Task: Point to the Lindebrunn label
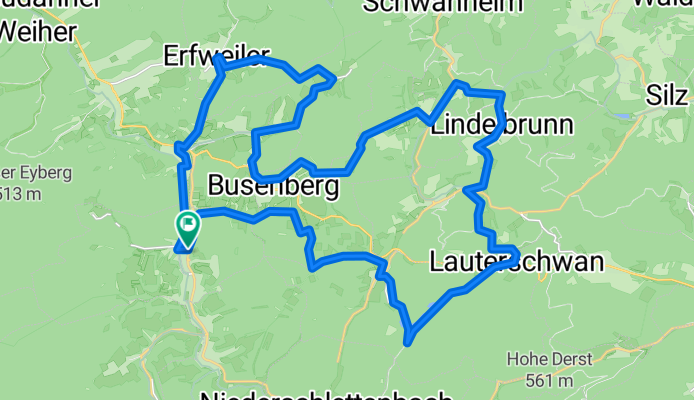click(501, 127)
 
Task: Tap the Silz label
click(667, 97)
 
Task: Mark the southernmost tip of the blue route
click(408, 342)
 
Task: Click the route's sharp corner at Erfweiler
click(217, 61)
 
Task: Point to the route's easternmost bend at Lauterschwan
click(516, 251)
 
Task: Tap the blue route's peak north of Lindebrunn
click(458, 83)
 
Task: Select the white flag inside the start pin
click(186, 222)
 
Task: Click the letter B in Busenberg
click(217, 186)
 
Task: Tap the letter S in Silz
click(652, 97)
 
